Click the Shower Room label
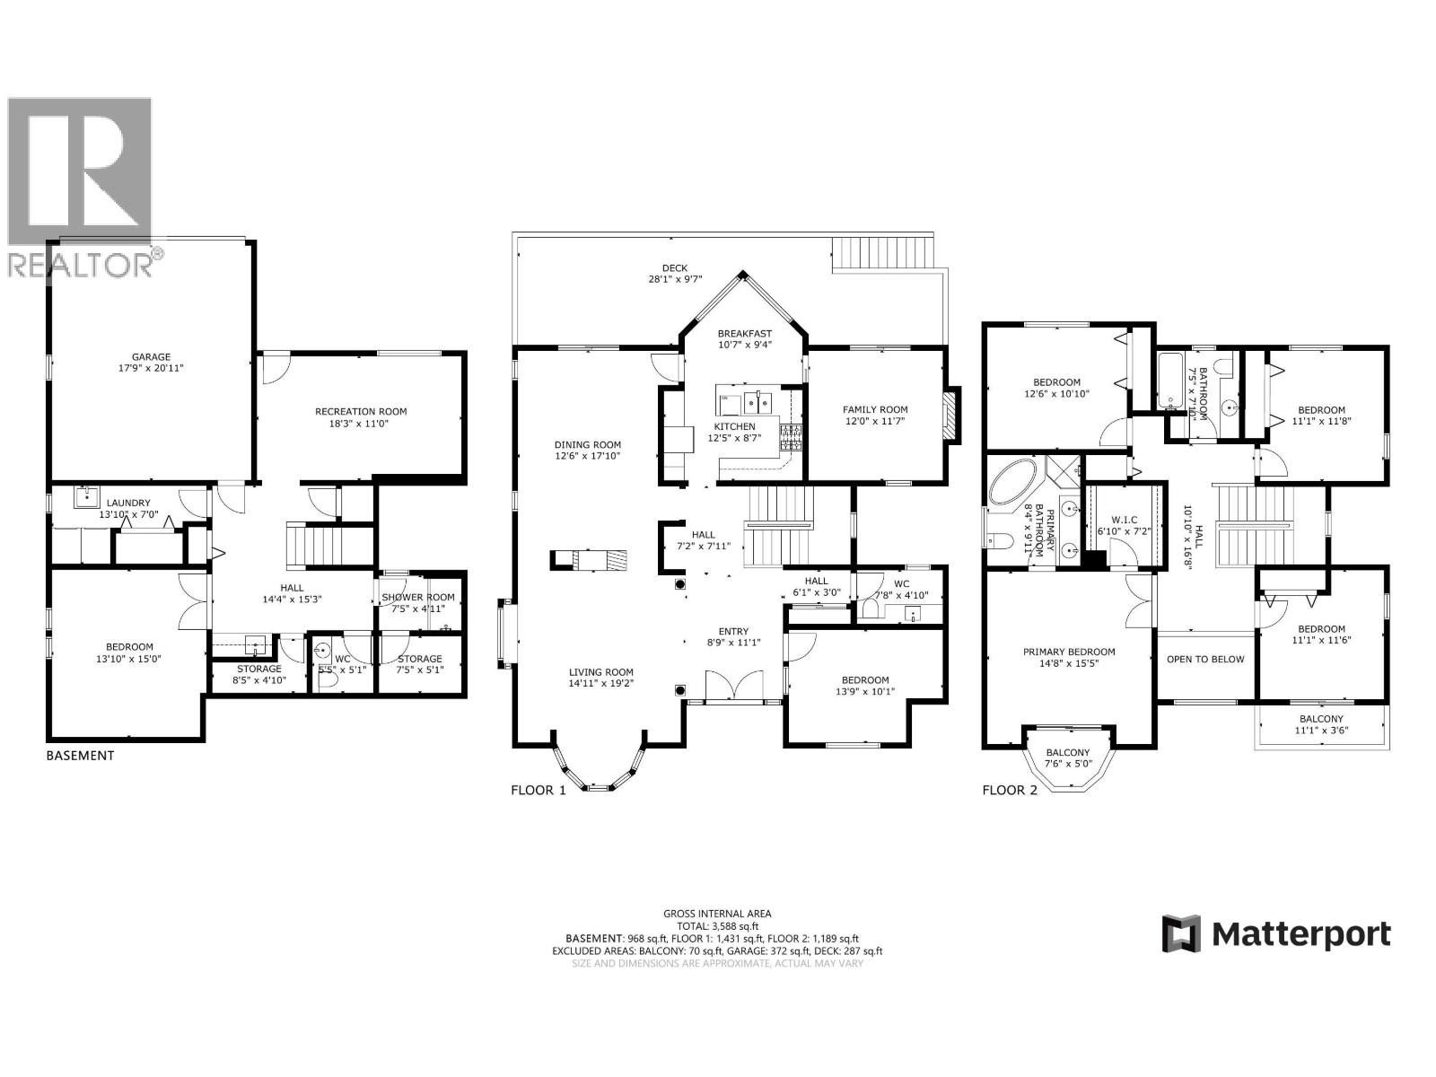coord(418,597)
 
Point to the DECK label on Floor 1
coord(674,267)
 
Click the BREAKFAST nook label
coord(744,333)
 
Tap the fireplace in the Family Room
coord(950,415)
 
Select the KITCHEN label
coord(734,426)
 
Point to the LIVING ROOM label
coord(600,672)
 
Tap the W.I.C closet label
coord(1123,520)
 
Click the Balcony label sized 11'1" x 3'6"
coord(1321,718)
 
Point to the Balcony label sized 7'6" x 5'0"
coord(1068,752)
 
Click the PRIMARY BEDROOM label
coord(1069,652)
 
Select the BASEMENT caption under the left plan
coord(80,755)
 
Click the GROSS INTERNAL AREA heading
coord(717,914)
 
